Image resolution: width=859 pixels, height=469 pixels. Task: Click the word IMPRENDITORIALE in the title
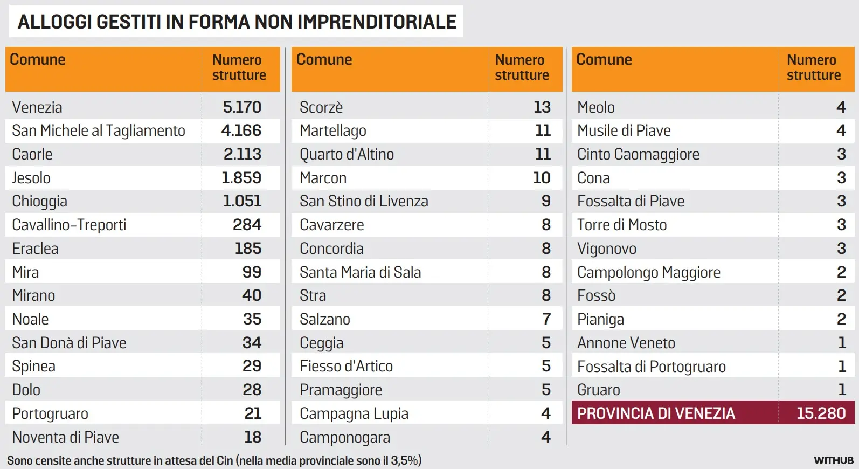(377, 22)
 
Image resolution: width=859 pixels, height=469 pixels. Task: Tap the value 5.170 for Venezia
(242, 107)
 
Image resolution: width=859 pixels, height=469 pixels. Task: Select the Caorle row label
(32, 154)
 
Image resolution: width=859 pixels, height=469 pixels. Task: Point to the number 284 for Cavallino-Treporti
(247, 225)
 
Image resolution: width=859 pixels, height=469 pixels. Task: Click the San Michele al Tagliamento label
(99, 130)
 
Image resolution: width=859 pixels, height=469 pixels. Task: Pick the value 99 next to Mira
(252, 272)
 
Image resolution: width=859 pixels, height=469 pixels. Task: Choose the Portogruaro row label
(50, 413)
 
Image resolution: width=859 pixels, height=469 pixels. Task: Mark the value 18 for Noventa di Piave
(253, 437)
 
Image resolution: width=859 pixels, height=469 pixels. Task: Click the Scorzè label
(321, 107)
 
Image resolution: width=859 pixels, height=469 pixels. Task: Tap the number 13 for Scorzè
(542, 107)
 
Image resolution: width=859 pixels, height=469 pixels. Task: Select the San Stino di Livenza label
(364, 201)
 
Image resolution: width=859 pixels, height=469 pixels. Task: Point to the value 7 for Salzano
(546, 319)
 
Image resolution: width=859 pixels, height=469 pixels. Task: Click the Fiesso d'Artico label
(346, 367)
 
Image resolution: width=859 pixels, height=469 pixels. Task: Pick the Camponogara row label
(345, 437)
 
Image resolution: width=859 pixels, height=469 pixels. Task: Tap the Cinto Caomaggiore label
(638, 154)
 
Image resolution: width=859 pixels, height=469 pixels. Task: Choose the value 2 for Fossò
(841, 295)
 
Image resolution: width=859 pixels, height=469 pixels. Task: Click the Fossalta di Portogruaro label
(652, 367)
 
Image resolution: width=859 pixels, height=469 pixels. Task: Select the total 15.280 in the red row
(821, 413)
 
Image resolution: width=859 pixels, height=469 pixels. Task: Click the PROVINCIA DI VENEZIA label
(656, 413)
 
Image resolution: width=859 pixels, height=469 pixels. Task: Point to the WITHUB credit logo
(834, 460)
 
